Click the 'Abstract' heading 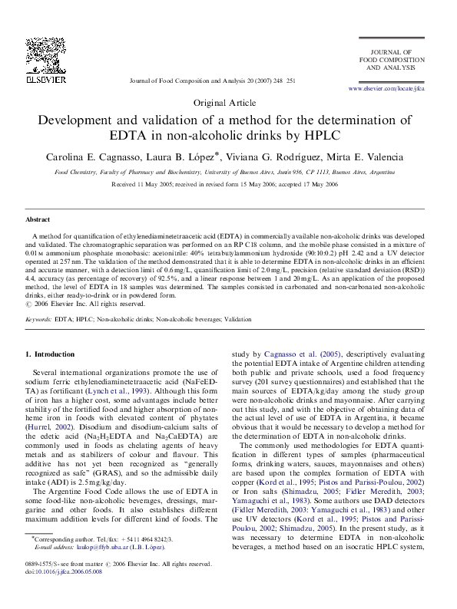(x=38, y=219)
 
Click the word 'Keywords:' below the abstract (x=39, y=318)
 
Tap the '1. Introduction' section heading (x=51, y=354)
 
